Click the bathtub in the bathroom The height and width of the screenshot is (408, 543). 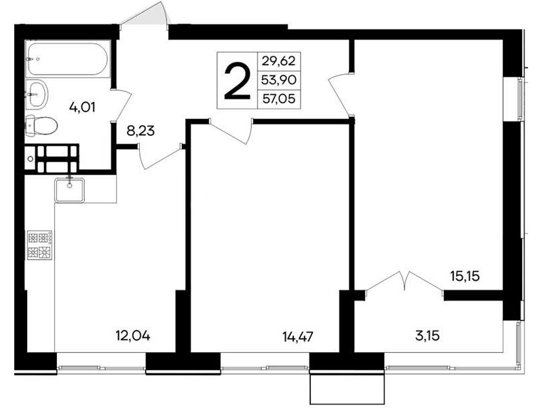click(68, 58)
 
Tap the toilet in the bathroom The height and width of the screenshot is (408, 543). click(41, 125)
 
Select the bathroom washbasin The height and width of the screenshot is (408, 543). click(37, 94)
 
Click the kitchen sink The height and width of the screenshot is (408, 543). click(70, 190)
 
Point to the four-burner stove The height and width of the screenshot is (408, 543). click(40, 245)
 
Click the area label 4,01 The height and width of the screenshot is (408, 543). click(82, 107)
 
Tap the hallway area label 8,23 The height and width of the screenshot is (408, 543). click(141, 131)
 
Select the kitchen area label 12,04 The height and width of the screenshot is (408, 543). click(133, 336)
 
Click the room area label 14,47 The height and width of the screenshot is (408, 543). click(298, 337)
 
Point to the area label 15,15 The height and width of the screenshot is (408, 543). click(465, 277)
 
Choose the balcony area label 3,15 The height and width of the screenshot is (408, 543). click(428, 336)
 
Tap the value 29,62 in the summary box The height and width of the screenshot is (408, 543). click(278, 61)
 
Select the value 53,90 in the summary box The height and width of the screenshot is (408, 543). click(279, 80)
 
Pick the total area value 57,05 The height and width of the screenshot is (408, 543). click(279, 99)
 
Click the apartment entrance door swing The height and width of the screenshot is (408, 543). click(145, 13)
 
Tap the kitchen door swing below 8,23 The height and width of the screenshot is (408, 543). click(160, 157)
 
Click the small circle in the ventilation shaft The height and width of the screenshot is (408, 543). click(31, 159)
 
